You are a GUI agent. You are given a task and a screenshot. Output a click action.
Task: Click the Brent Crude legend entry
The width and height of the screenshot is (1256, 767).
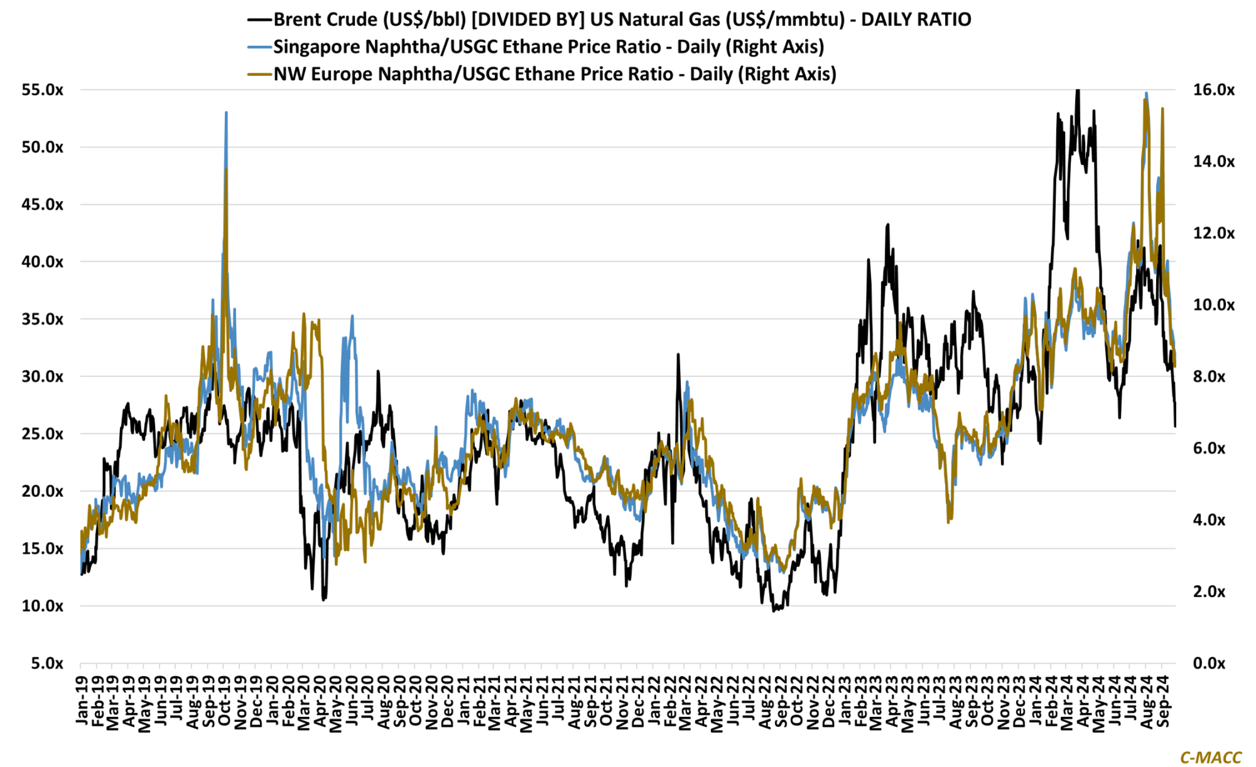click(622, 19)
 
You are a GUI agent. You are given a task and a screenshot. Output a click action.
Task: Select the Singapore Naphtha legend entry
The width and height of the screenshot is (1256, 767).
click(548, 47)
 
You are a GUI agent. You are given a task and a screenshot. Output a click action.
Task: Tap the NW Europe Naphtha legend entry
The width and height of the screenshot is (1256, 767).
click(555, 74)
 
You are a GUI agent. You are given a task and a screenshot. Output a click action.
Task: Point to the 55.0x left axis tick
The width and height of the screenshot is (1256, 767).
click(43, 90)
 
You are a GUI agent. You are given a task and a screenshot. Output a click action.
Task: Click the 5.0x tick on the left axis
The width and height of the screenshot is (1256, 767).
click(47, 663)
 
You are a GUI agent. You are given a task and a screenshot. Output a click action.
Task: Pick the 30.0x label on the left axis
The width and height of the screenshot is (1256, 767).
click(43, 377)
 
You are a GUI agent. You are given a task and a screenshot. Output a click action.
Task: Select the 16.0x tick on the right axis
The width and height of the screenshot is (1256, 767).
click(1213, 90)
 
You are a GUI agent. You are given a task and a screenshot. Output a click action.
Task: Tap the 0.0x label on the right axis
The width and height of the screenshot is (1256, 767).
click(1209, 663)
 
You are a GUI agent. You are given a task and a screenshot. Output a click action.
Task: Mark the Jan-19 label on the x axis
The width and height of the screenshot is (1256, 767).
click(82, 700)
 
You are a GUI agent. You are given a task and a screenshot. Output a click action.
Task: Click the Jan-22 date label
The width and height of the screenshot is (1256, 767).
click(654, 700)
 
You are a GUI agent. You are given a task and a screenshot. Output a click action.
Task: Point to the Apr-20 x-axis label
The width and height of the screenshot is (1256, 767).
click(320, 700)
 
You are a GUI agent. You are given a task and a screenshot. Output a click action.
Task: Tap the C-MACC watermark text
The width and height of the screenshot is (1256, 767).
click(1211, 758)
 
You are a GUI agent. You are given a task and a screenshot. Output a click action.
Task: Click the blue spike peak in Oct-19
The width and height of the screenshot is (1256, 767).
click(226, 113)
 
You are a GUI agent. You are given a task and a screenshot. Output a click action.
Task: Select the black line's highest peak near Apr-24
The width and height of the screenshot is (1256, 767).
click(1078, 90)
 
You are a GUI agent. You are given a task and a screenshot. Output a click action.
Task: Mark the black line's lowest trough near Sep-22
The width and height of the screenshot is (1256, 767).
click(774, 611)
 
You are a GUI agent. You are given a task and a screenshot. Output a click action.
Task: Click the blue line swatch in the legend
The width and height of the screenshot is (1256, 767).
click(260, 47)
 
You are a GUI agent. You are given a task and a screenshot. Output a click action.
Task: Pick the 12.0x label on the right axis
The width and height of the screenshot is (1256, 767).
click(1213, 233)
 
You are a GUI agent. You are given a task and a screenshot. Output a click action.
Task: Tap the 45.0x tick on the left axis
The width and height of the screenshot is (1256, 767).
click(43, 205)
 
